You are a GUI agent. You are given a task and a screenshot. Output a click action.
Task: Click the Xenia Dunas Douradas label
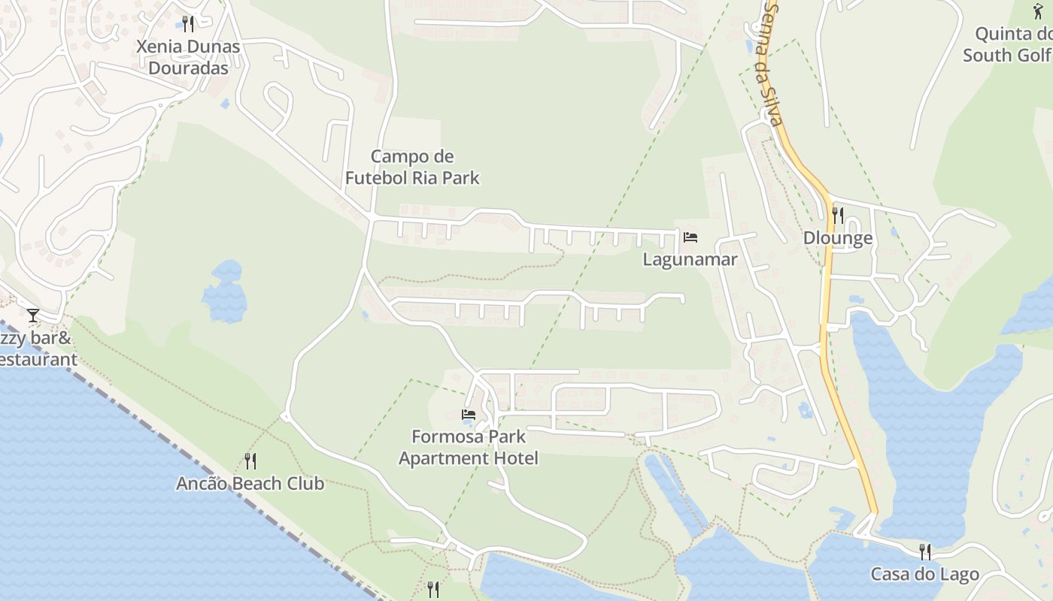[188, 57]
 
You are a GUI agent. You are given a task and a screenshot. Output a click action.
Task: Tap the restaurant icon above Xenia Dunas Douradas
[188, 24]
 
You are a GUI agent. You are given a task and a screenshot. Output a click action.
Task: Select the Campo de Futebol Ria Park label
[412, 167]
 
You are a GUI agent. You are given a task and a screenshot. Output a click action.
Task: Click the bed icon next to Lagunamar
[690, 237]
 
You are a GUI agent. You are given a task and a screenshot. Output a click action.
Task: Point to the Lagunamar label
[690, 259]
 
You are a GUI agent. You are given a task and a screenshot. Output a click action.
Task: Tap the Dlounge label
[838, 238]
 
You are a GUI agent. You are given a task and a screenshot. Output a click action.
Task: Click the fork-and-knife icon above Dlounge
[838, 216]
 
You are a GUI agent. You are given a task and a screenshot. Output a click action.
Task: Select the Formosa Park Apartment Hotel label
[469, 447]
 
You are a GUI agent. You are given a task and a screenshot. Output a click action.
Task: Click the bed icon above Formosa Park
[469, 414]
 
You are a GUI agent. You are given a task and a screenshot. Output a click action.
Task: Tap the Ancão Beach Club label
[250, 483]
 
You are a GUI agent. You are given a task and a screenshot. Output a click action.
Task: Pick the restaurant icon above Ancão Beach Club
[250, 461]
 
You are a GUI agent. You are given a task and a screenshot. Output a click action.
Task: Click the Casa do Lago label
[924, 575]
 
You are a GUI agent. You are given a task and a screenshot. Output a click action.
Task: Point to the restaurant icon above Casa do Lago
[925, 552]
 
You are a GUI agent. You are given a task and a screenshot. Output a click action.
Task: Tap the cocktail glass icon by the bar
[32, 315]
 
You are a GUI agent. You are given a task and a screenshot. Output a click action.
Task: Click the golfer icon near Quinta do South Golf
[1038, 11]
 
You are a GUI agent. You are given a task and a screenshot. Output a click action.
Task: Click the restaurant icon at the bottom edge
[432, 590]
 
